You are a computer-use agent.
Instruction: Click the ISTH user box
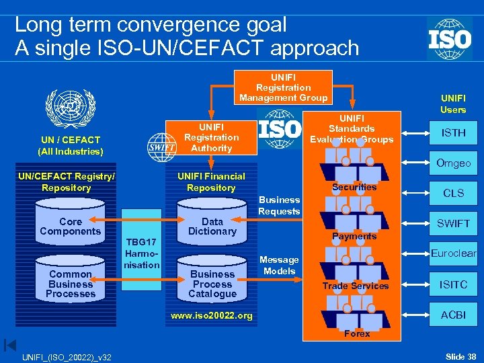point(453,132)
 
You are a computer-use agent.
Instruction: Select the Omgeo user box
point(453,163)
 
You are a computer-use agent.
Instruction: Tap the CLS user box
point(453,193)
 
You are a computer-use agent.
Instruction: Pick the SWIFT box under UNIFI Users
point(453,223)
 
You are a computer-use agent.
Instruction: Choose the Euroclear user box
point(453,253)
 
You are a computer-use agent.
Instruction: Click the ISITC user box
point(453,284)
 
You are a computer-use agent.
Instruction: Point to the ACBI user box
point(453,315)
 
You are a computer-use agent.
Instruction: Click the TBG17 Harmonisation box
point(141,253)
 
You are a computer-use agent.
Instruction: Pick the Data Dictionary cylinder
point(212,227)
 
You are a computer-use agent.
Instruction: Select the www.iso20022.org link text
point(212,315)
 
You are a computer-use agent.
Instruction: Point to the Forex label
point(357,333)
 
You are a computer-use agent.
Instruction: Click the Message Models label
point(279,265)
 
